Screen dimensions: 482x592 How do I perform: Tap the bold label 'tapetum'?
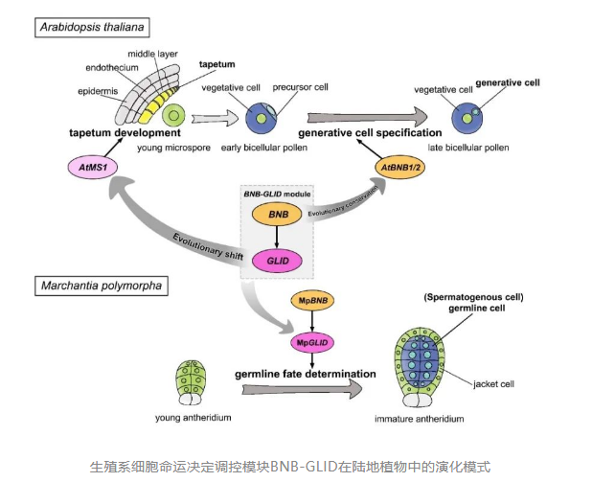(216, 62)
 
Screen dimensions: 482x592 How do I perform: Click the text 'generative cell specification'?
(370, 132)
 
